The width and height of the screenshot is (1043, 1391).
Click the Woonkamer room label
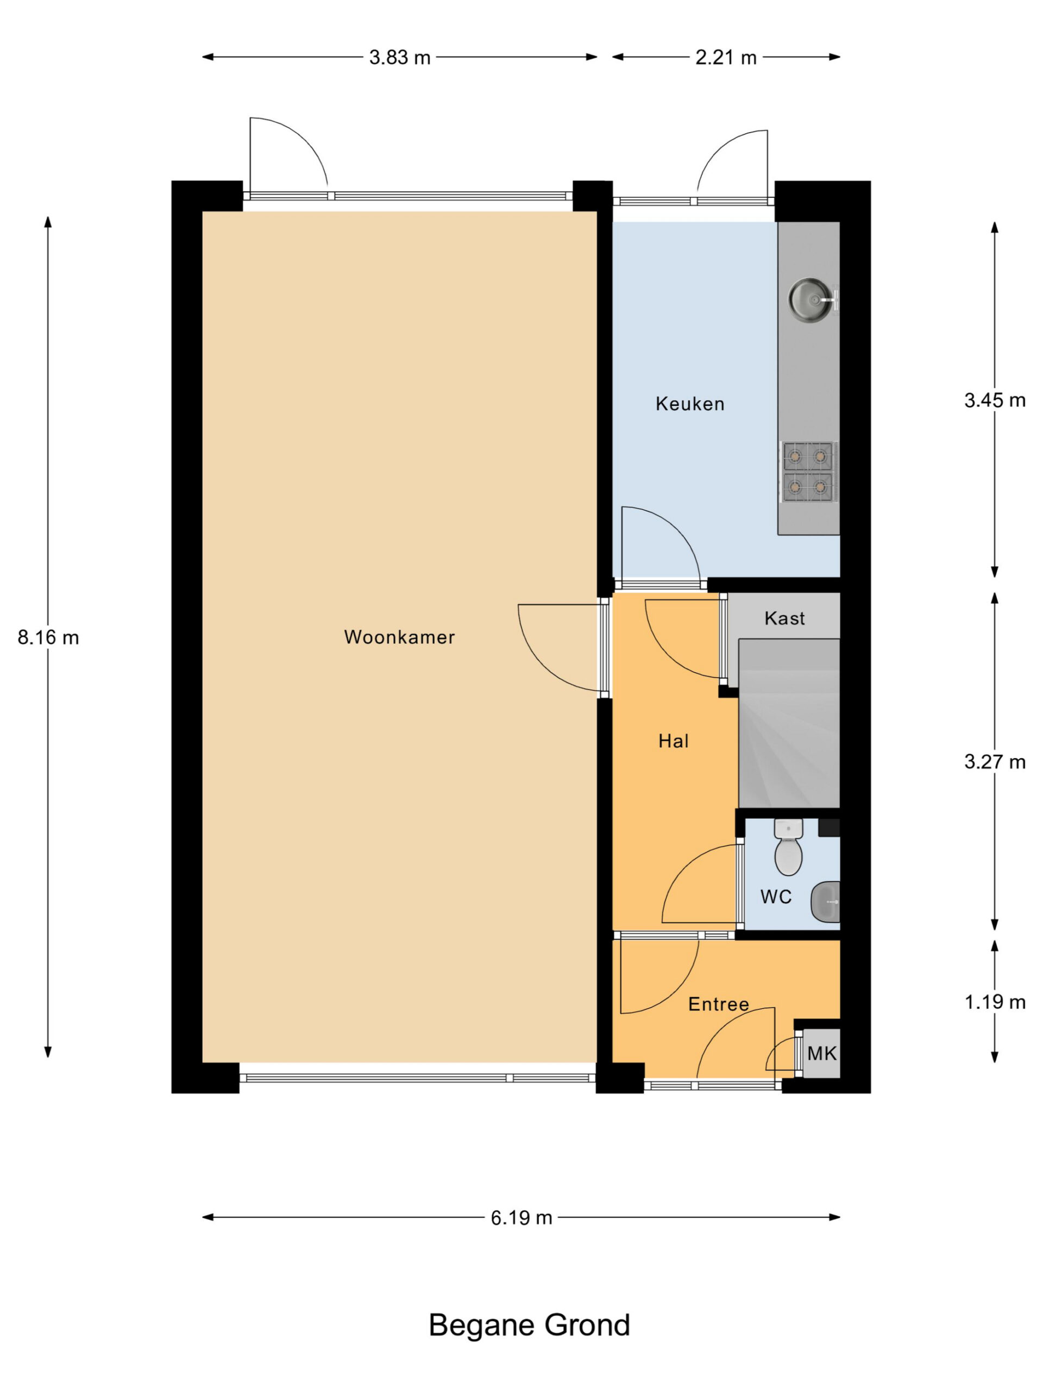(x=399, y=637)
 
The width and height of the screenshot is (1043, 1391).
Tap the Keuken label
(x=690, y=404)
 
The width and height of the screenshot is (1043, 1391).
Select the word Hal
(x=673, y=741)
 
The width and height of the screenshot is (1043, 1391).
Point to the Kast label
(x=784, y=618)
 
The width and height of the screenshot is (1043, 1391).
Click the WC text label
(x=776, y=897)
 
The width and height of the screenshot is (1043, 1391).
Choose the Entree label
(x=719, y=1004)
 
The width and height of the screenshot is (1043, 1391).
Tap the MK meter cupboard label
(x=822, y=1054)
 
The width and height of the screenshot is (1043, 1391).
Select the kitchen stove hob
(x=808, y=472)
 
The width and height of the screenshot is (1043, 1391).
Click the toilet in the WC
(x=788, y=848)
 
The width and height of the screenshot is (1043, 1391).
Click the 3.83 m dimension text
(x=400, y=58)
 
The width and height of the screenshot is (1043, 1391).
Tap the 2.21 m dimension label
(x=726, y=58)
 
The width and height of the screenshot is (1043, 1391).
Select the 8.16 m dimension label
(x=48, y=638)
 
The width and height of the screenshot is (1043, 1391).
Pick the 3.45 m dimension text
(x=995, y=400)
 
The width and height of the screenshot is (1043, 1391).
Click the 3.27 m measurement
(x=995, y=762)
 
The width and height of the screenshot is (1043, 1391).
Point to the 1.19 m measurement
(x=995, y=1002)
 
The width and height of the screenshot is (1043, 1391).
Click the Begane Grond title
(x=529, y=1325)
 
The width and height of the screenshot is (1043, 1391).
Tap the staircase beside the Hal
(x=789, y=723)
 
